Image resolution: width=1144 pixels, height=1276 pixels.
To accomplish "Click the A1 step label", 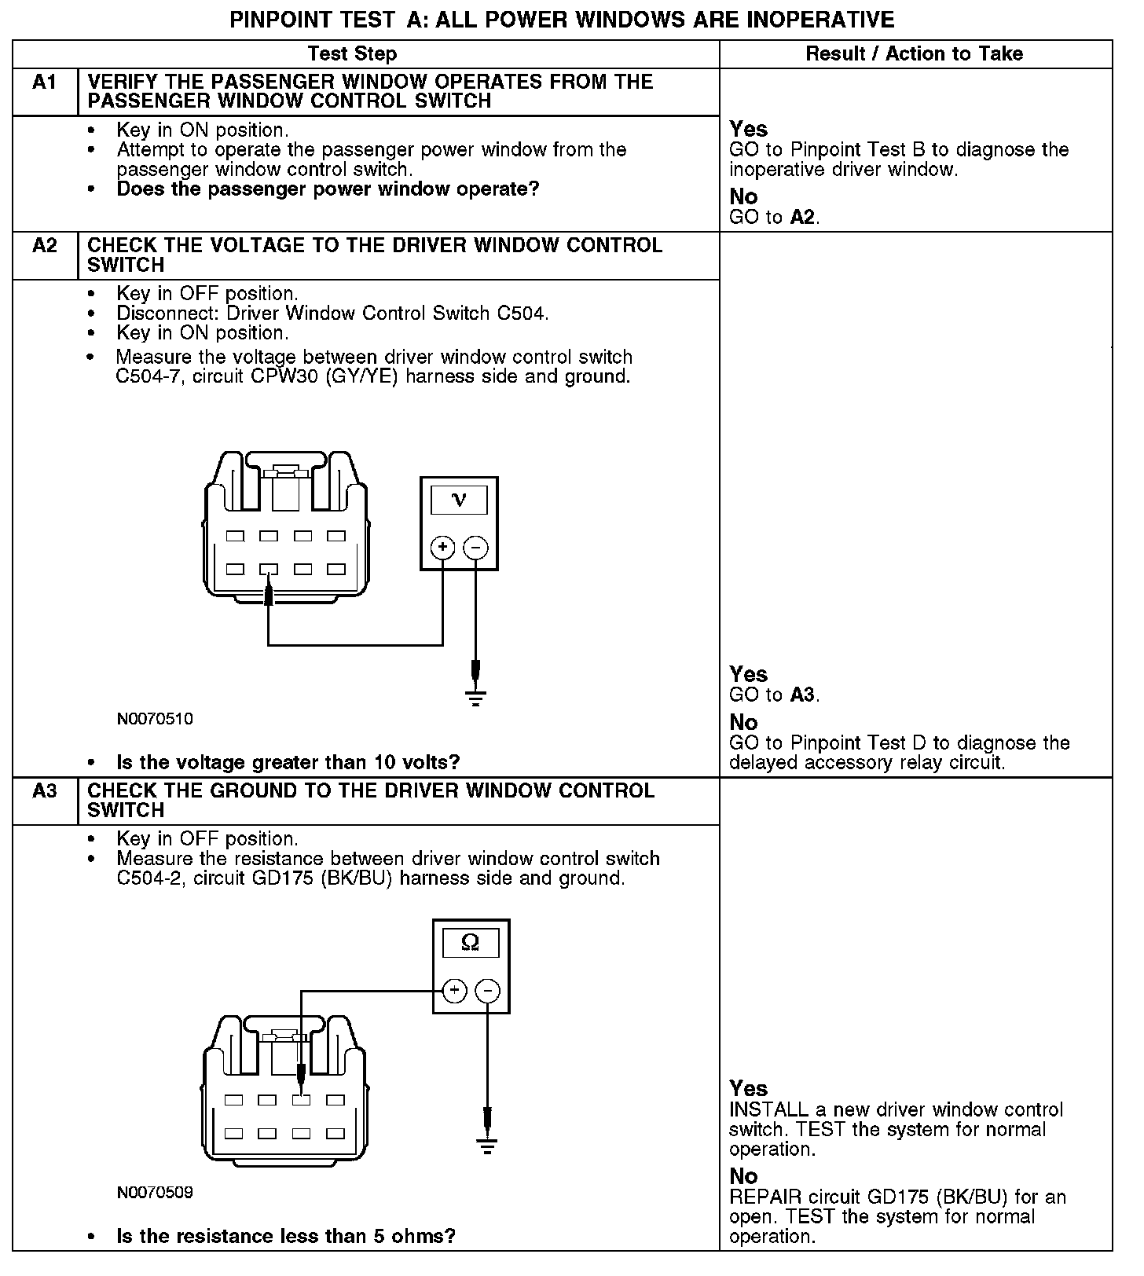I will click(45, 82).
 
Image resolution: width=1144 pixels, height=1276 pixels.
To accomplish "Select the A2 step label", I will click(45, 246).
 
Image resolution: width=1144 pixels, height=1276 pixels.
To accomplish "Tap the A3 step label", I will click(45, 791).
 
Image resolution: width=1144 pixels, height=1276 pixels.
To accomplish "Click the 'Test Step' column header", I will click(352, 53).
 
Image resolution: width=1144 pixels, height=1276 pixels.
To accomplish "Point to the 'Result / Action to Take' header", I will click(915, 53).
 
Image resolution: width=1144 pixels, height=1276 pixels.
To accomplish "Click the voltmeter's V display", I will click(460, 500).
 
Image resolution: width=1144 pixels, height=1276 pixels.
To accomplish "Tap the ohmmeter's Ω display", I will click(471, 942).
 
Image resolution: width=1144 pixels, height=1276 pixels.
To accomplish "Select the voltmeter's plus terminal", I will click(443, 547).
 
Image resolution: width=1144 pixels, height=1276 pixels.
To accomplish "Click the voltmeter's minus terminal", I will click(476, 547).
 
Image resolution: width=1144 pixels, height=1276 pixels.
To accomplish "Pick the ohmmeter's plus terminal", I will click(455, 991).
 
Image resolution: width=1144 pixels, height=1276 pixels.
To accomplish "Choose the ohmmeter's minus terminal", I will click(488, 991).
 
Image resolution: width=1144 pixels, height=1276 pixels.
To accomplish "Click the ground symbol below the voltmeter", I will click(475, 697).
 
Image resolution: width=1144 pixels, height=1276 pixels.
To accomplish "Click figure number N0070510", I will click(155, 719).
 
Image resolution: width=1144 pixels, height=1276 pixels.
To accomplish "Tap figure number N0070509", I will click(155, 1193).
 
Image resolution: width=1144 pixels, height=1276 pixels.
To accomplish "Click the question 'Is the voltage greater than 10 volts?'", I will click(288, 762).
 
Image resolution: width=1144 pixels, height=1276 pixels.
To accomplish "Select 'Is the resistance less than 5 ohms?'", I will click(286, 1236).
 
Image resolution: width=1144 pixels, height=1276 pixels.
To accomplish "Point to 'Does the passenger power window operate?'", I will click(328, 189).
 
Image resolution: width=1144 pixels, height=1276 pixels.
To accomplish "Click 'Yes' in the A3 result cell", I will click(748, 1088).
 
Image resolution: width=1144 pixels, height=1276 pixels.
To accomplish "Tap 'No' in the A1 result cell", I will click(743, 196).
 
